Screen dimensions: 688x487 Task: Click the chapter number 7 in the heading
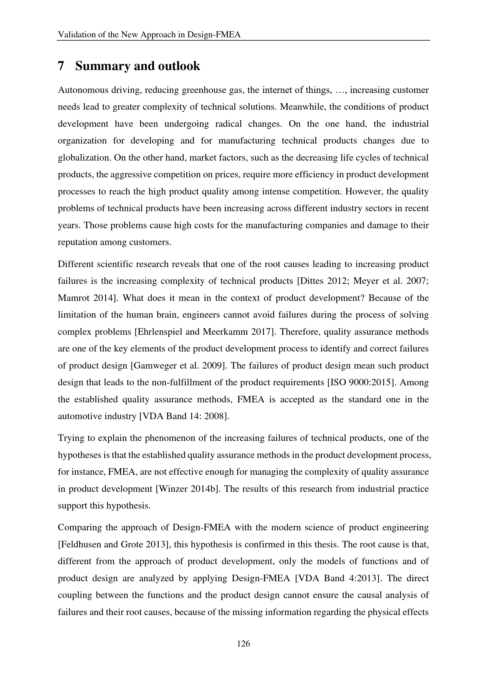point(61,66)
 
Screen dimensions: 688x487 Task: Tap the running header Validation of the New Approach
point(149,35)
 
